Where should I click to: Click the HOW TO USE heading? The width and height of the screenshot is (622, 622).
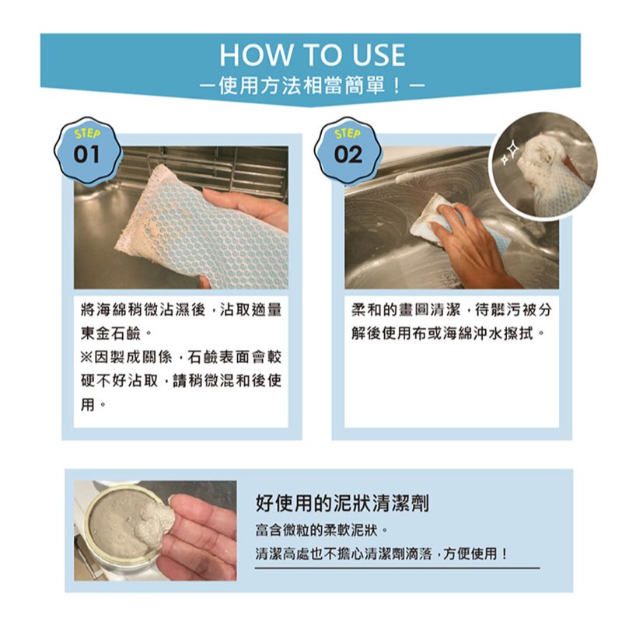point(313,54)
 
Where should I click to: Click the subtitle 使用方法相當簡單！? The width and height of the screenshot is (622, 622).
point(312,86)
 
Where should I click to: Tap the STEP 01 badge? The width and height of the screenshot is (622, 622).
point(87,150)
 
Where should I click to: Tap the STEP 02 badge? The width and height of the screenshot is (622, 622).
point(348,150)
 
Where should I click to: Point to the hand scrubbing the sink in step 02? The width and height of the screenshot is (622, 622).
point(472,242)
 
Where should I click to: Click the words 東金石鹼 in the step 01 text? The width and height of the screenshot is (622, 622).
point(110,334)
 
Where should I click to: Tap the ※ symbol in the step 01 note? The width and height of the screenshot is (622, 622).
point(86,358)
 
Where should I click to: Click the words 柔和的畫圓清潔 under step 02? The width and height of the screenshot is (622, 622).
point(405,309)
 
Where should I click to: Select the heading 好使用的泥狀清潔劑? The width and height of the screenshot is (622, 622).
point(342,503)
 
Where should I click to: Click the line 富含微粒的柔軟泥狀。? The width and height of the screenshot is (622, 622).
point(321,530)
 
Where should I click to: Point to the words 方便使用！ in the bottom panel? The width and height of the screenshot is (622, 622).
point(474,554)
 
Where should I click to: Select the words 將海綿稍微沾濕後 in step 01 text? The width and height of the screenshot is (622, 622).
point(143,309)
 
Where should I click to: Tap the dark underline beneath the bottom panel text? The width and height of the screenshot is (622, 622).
point(397,568)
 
